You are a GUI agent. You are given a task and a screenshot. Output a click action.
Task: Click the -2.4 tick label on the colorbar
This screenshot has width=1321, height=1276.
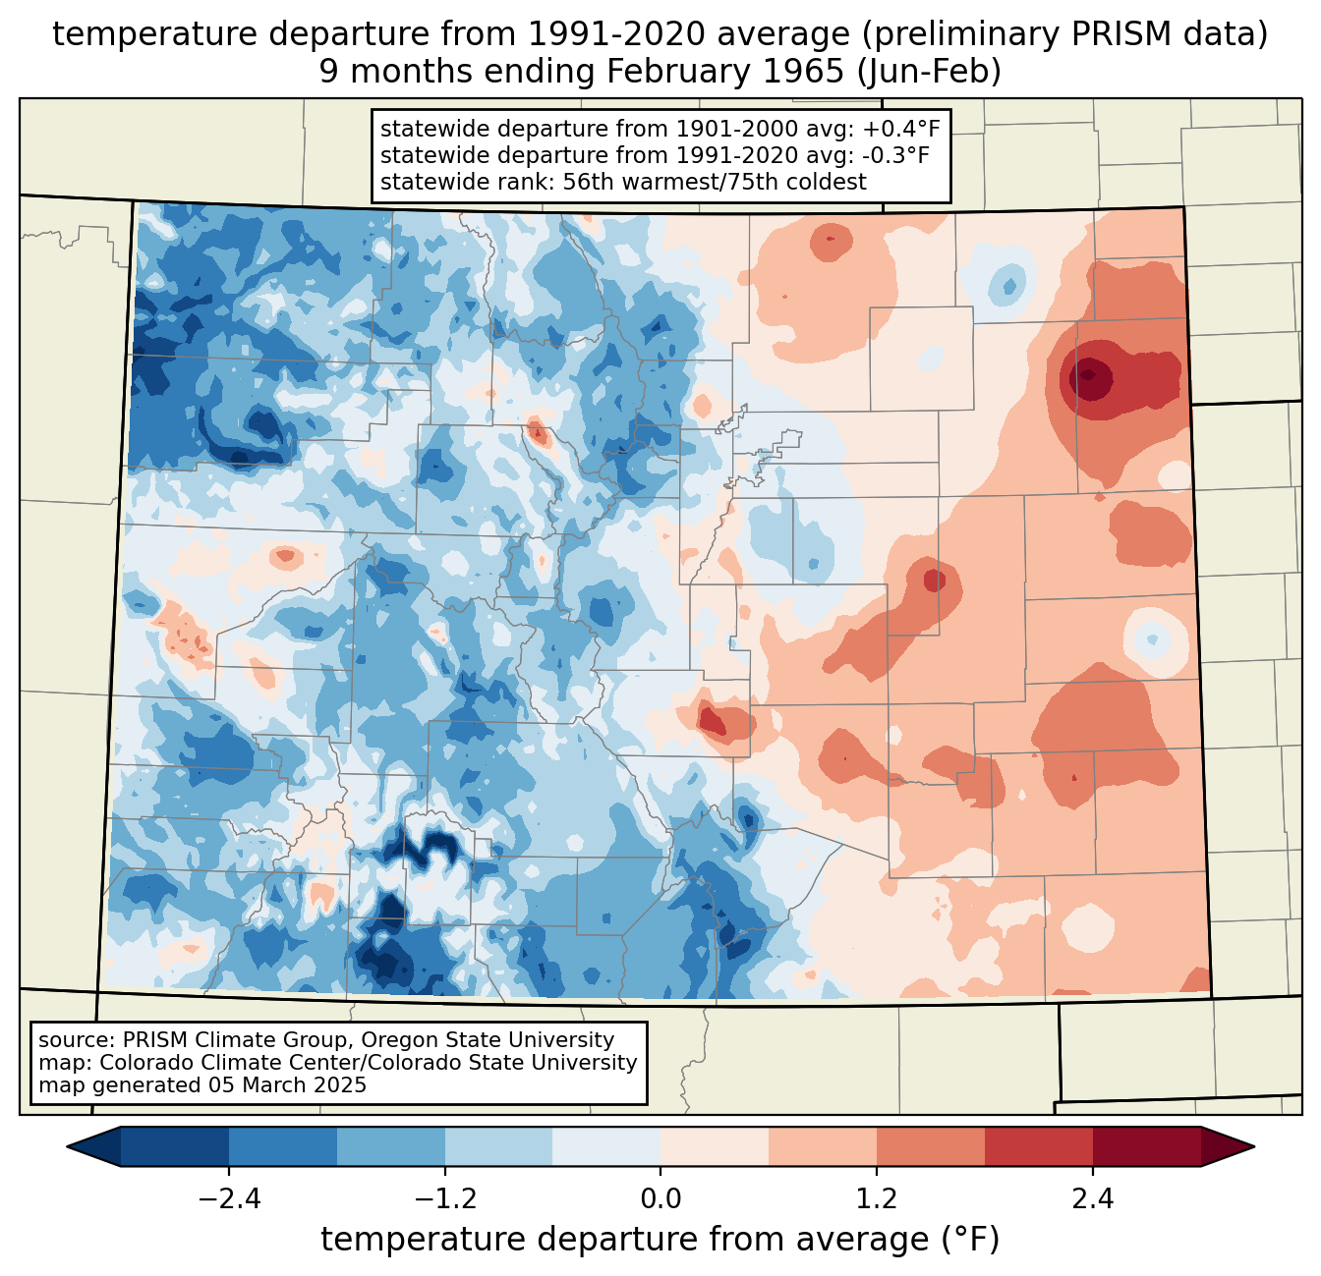229,1199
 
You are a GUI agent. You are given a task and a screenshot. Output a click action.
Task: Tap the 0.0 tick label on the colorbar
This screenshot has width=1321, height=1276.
660,1199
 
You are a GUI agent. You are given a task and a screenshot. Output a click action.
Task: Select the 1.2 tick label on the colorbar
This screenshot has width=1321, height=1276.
877,1199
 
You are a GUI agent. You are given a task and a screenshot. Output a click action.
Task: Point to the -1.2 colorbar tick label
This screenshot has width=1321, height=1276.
445,1199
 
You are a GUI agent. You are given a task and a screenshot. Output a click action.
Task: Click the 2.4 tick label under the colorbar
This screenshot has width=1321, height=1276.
1092,1199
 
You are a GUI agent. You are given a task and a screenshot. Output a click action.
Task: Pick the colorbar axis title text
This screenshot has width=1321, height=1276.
660,1239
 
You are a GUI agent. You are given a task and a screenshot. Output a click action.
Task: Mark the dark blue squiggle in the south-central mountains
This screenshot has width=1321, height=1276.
432,843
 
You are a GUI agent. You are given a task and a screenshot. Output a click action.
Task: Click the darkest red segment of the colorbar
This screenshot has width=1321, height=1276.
1146,1146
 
